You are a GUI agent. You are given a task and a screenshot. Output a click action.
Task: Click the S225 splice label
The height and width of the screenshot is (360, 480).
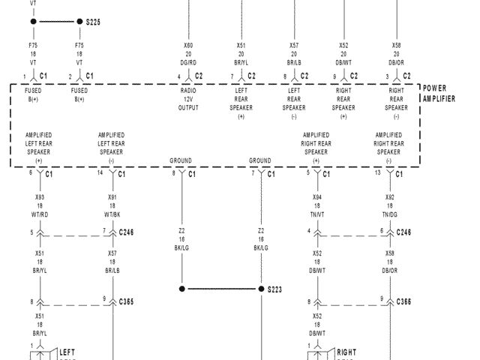93,22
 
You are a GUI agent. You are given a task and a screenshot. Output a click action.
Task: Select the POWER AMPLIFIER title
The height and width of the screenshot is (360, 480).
439,93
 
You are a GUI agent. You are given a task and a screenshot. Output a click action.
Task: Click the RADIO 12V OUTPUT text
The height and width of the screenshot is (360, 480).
188,99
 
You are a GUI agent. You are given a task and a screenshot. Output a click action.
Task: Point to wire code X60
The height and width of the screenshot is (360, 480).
188,45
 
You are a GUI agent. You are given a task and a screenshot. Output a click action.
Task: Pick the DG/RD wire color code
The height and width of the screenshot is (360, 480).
188,62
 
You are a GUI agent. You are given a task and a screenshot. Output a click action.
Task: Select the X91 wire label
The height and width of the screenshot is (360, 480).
112,197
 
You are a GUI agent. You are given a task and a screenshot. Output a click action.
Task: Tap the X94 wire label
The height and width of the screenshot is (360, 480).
317,197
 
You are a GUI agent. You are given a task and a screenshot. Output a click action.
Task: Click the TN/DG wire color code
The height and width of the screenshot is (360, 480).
390,214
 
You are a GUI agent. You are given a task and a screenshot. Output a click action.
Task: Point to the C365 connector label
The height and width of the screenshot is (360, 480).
126,301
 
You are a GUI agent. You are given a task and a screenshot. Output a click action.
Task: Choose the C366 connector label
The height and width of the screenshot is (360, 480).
403,301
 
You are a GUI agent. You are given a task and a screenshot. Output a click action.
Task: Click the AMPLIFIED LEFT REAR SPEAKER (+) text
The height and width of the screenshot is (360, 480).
39,148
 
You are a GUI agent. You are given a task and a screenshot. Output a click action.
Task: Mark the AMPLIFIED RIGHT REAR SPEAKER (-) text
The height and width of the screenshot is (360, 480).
390,148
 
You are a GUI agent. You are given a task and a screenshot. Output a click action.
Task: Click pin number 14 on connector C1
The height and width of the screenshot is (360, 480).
101,173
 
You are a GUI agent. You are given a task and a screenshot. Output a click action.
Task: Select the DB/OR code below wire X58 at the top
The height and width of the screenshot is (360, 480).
396,62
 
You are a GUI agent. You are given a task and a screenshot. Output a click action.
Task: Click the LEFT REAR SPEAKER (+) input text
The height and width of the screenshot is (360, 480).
241,103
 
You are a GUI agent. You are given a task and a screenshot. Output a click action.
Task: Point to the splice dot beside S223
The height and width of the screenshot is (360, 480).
261,289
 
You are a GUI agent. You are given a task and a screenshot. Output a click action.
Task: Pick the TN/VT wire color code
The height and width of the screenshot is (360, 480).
317,214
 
